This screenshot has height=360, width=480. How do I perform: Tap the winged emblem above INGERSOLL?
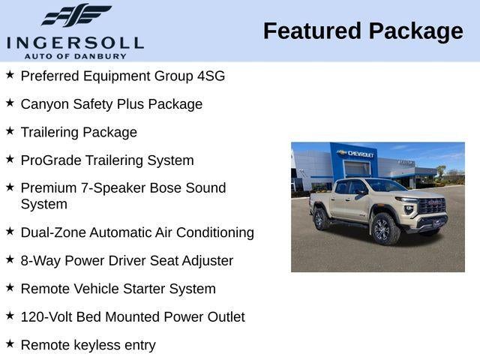point(76,16)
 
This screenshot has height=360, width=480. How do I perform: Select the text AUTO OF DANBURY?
point(75,55)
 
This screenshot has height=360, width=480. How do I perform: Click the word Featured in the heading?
point(310,31)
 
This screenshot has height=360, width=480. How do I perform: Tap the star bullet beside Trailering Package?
point(10,130)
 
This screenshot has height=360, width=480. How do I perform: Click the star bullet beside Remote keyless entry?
point(10,343)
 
